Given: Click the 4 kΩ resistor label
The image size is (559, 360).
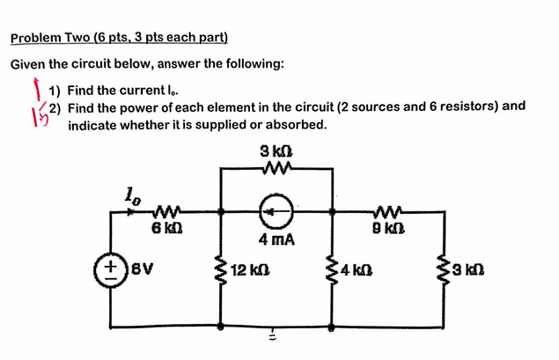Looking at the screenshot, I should click(x=358, y=266).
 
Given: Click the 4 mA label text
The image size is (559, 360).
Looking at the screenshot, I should click(x=276, y=239).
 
